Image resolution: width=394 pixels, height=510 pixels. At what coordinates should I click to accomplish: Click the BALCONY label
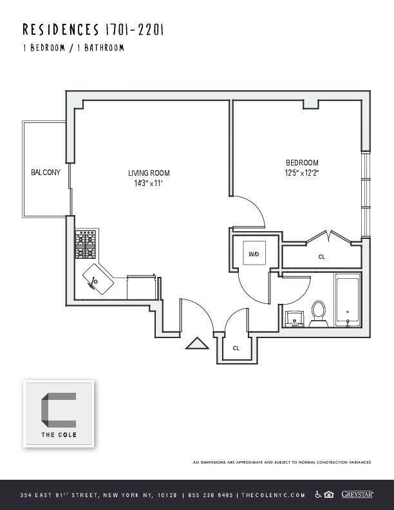pos(46,173)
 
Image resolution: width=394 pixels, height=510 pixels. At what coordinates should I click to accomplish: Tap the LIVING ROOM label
pos(148,173)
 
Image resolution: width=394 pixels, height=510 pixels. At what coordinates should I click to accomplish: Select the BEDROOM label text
pos(302,163)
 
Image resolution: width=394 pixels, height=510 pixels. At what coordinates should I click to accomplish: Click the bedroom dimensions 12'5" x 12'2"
pos(302,173)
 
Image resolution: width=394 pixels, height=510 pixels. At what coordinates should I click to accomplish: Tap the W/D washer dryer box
pos(254,254)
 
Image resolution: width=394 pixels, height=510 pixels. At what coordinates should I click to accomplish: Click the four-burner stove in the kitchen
pos(86,245)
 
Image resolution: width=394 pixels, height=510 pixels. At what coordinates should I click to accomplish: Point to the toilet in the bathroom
pos(317,313)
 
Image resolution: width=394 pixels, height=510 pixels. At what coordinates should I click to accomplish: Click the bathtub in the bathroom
pos(348,300)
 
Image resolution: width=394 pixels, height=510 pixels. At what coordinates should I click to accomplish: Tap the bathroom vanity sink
pos(295,318)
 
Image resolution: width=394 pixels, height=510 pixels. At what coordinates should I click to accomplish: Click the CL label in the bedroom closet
pos(322,257)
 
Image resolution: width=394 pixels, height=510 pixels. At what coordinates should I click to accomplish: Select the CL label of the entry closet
pos(236,348)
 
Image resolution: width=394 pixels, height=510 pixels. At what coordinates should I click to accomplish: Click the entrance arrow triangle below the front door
pos(197,344)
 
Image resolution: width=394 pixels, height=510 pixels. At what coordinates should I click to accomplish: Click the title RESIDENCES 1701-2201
pos(93,30)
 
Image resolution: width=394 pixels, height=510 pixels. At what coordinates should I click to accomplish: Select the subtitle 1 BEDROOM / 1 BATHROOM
pos(73,48)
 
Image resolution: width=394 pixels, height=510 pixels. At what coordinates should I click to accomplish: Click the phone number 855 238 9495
pos(210,495)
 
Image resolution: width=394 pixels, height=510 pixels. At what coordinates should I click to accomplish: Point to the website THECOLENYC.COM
pos(272,495)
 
